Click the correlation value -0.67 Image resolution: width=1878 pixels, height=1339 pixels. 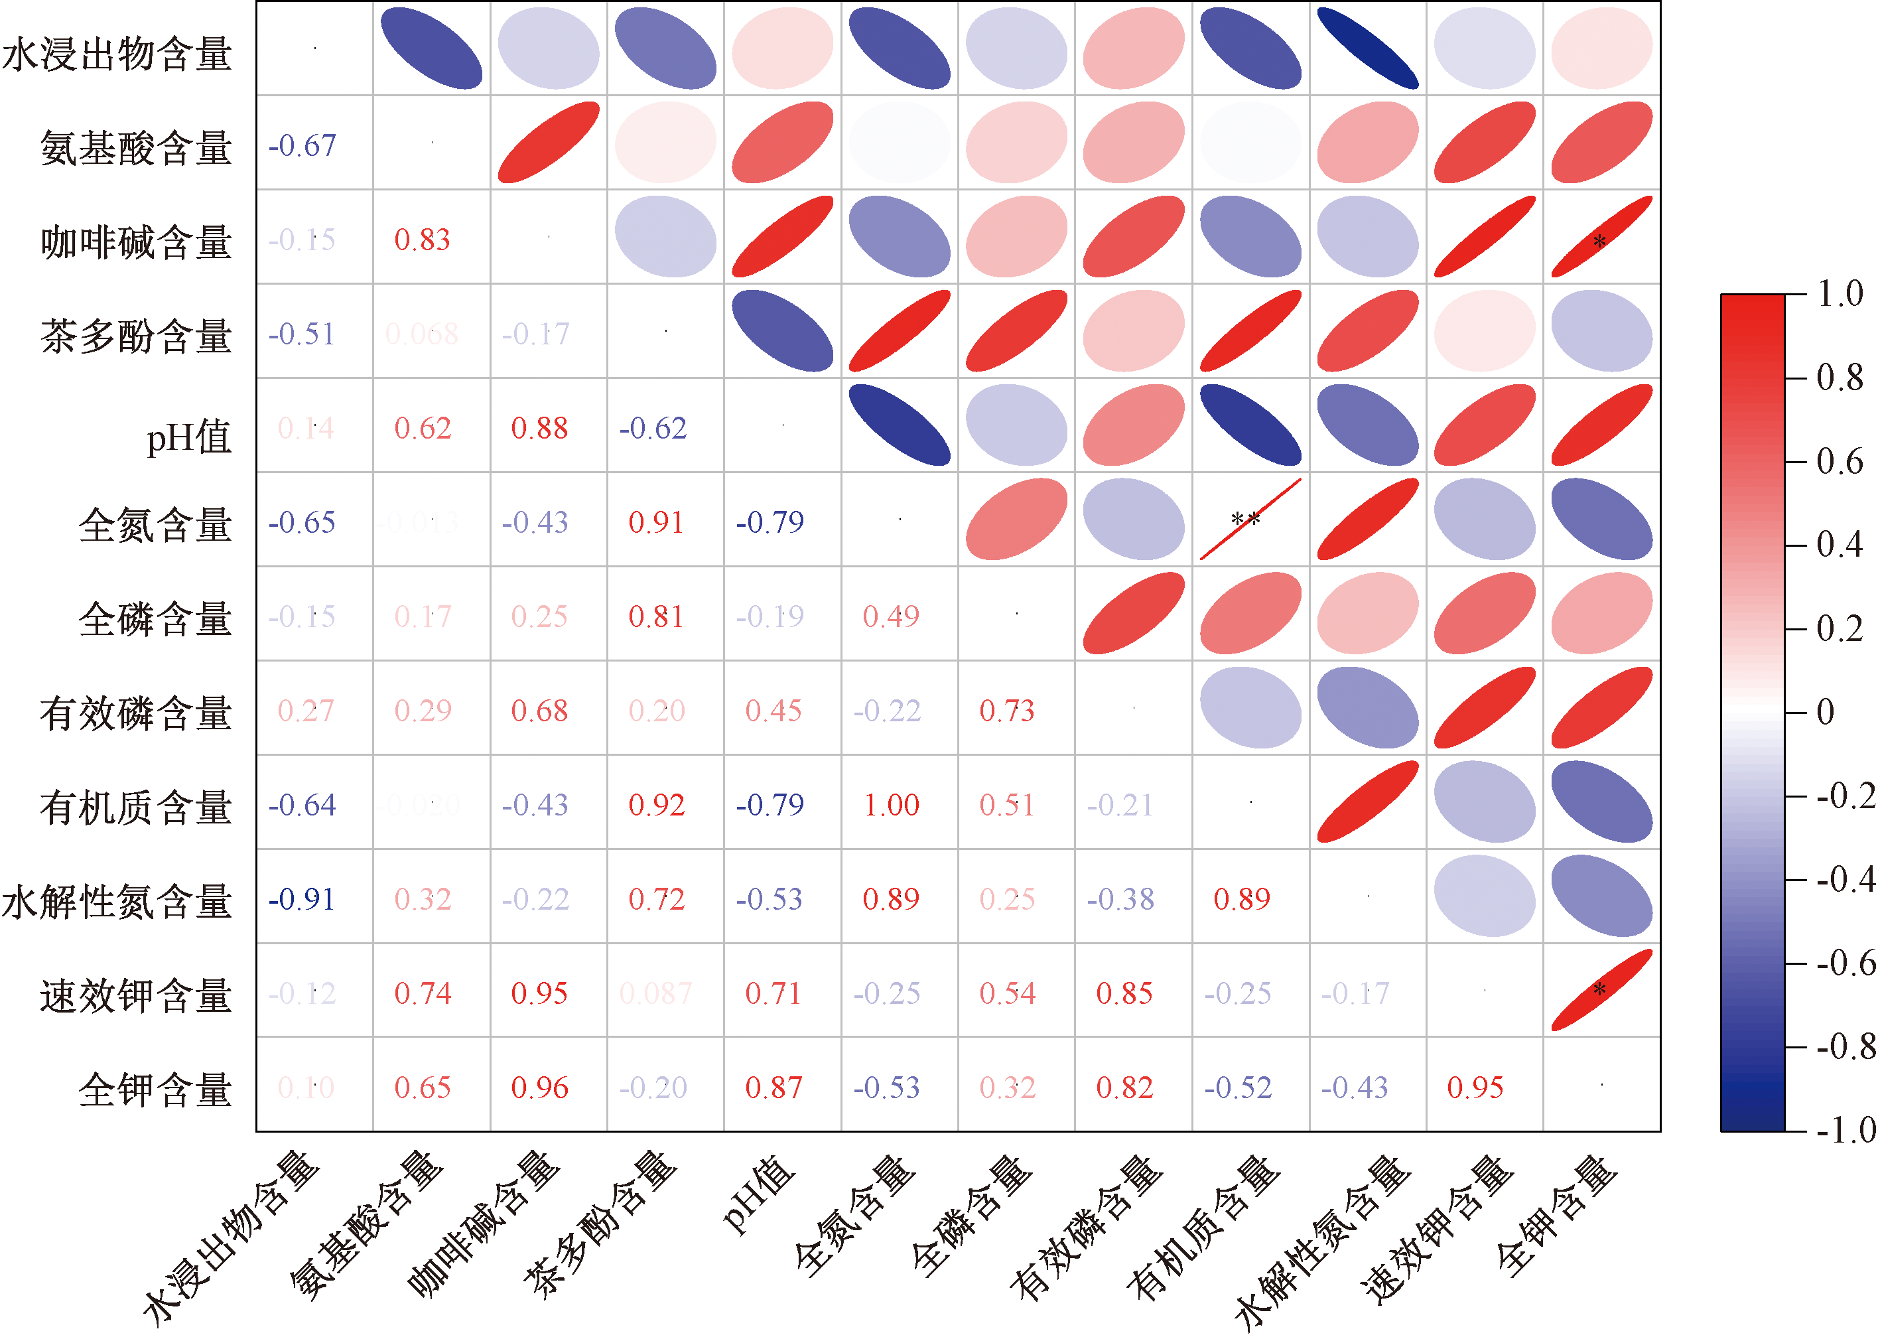[x=302, y=146]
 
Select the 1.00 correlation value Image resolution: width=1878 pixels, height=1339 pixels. [x=891, y=805]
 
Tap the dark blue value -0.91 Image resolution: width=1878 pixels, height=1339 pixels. [x=302, y=898]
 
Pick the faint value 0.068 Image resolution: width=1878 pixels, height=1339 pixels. [x=422, y=334]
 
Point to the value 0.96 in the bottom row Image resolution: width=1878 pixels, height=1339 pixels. [x=539, y=1088]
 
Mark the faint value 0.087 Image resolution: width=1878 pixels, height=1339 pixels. [x=655, y=993]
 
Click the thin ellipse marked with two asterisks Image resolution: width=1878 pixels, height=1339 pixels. [x=1250, y=520]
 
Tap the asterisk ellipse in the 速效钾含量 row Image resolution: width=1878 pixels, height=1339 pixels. [x=1601, y=989]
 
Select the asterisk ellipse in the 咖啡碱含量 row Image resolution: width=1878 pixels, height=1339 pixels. [x=1601, y=238]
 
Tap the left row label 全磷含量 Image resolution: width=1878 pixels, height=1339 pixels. [x=155, y=618]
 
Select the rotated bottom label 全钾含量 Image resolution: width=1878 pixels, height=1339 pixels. [x=1554, y=1216]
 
